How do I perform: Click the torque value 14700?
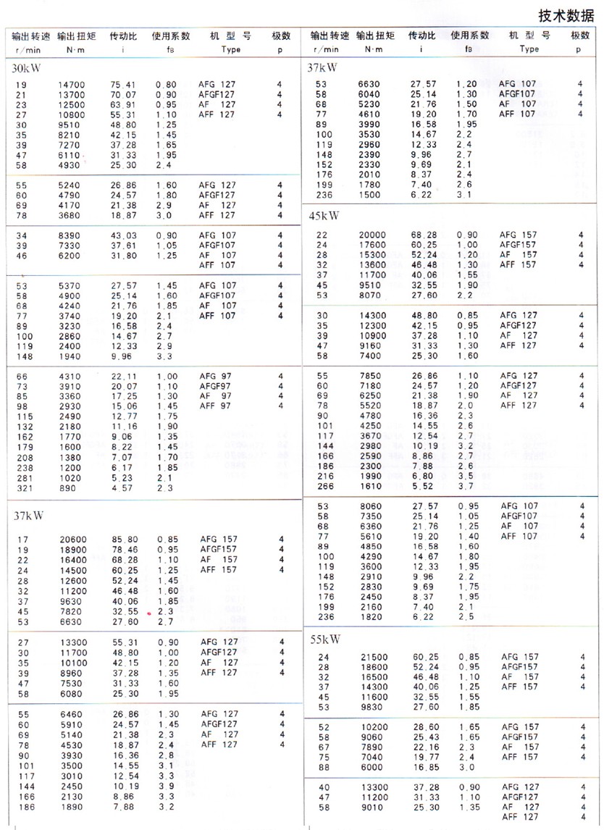72,85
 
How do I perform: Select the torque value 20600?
72,540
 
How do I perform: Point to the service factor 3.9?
166,786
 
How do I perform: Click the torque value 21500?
374,657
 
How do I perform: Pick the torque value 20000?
373,234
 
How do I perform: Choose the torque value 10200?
374,727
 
